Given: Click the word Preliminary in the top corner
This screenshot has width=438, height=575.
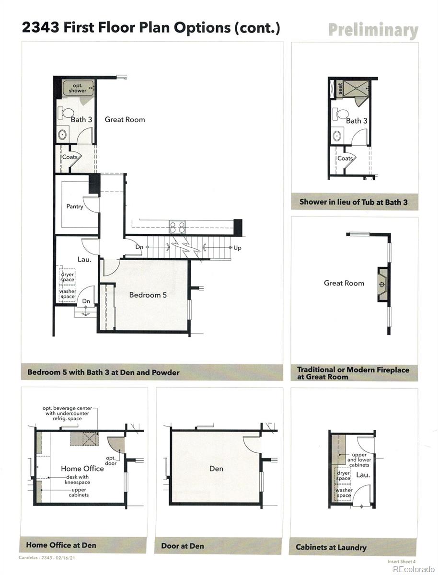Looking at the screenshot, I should click(x=373, y=30).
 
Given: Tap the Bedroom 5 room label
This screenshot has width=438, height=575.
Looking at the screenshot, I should click(x=148, y=295).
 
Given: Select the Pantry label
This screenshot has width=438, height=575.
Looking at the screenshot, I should click(x=75, y=207).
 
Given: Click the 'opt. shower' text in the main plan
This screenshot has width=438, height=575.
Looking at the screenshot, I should click(x=77, y=88).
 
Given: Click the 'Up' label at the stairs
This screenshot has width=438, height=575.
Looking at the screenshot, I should click(x=237, y=248).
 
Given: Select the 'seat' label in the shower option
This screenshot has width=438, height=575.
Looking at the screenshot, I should click(x=340, y=89).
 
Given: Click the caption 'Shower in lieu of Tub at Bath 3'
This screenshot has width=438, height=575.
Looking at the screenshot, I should click(x=354, y=202).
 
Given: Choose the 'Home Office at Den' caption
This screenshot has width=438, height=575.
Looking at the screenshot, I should click(x=61, y=545).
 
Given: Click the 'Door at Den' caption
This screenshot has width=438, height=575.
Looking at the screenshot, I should click(x=182, y=546).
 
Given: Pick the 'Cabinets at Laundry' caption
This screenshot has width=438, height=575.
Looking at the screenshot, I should click(x=331, y=547).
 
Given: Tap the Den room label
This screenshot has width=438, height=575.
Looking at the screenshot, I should click(x=216, y=468).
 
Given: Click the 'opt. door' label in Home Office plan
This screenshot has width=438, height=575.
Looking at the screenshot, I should click(x=110, y=460).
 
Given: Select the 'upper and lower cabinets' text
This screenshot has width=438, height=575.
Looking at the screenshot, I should click(x=359, y=460).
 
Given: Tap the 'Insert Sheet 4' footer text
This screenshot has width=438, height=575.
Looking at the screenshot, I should click(x=402, y=561).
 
